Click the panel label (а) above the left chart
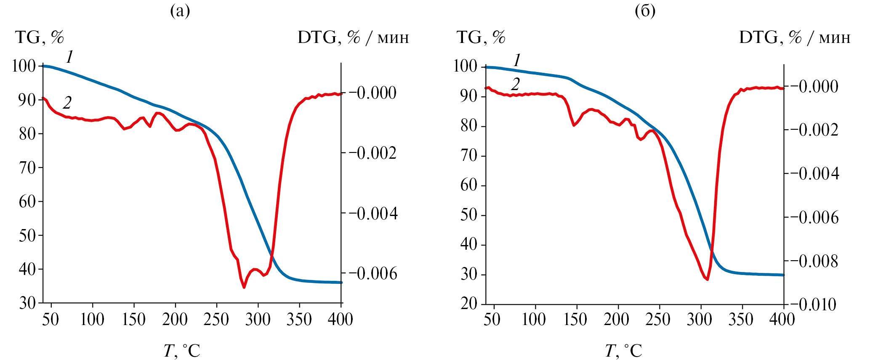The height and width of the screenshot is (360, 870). (x=180, y=11)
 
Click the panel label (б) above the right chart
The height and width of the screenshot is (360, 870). (x=645, y=11)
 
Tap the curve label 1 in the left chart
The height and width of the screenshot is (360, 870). (x=69, y=56)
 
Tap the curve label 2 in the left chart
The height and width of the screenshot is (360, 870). (x=67, y=102)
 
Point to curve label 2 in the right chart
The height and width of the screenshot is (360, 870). (x=516, y=84)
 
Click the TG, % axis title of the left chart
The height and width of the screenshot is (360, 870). (x=40, y=37)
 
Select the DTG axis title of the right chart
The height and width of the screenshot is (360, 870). (x=795, y=37)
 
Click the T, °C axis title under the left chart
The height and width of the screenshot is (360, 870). (x=182, y=350)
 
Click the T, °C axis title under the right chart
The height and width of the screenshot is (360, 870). (x=623, y=350)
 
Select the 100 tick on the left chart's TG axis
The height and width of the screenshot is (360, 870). (x=24, y=66)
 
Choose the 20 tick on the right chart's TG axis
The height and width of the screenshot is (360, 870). (x=469, y=304)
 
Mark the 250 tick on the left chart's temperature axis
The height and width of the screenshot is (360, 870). (x=216, y=320)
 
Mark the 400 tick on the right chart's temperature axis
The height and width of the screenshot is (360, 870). (x=782, y=320)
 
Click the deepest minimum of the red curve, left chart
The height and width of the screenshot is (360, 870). (x=244, y=288)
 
